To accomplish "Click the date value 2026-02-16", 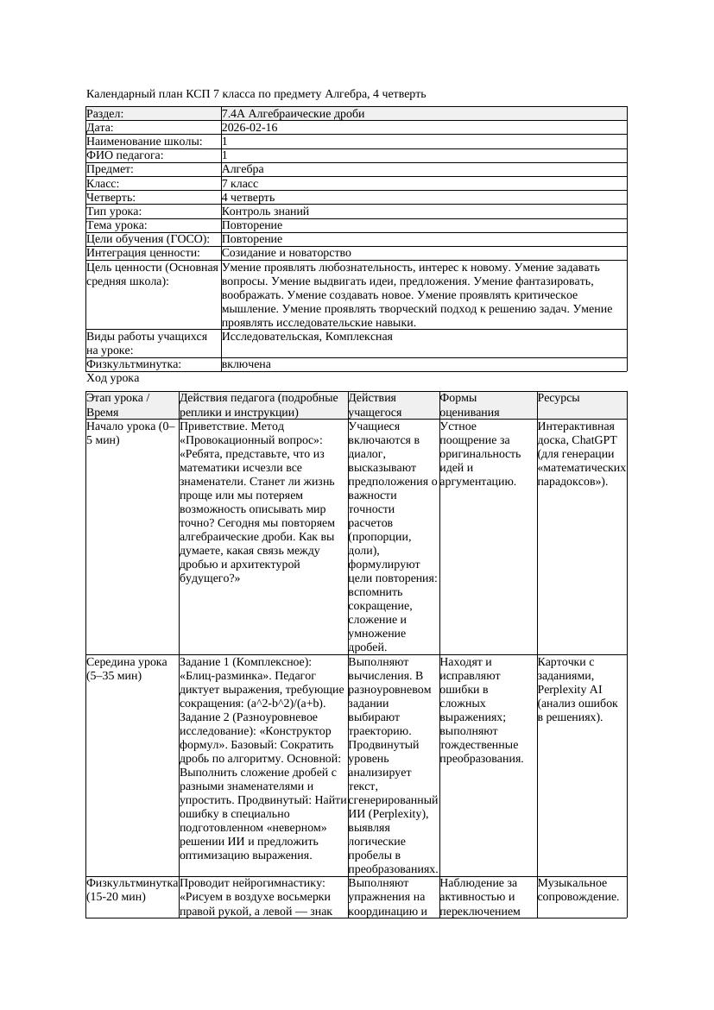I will tap(250, 128).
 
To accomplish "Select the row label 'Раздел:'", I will tap(105, 114).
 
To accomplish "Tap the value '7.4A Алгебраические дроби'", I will tap(293, 114).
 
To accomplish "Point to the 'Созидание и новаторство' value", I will tap(286, 253).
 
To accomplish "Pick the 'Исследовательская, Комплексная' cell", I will tap(306, 337).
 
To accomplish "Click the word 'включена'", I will tap(246, 364).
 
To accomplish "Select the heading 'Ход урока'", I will tap(113, 378).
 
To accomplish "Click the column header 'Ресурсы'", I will tap(559, 398).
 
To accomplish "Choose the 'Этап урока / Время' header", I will tap(118, 405).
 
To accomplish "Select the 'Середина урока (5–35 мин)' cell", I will tap(127, 669).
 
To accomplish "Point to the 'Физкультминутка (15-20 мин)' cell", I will tap(132, 890).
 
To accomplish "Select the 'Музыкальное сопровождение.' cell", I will tap(578, 890).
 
